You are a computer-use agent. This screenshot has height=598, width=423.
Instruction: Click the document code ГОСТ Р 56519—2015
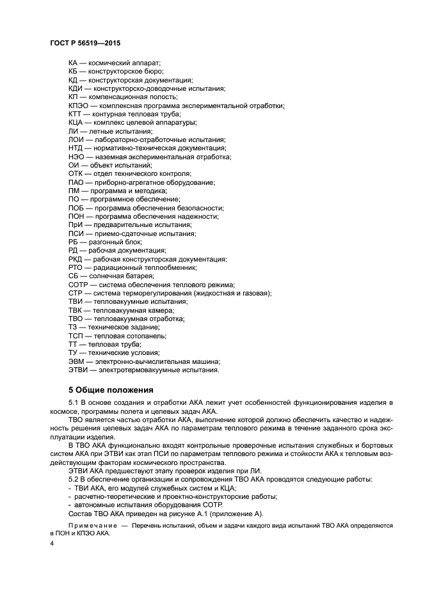click(x=85, y=43)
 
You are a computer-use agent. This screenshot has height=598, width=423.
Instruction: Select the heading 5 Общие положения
click(x=110, y=389)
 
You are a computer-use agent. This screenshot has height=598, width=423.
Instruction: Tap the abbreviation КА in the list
click(x=73, y=63)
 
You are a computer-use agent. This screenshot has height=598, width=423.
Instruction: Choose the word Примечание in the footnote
click(x=92, y=525)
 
